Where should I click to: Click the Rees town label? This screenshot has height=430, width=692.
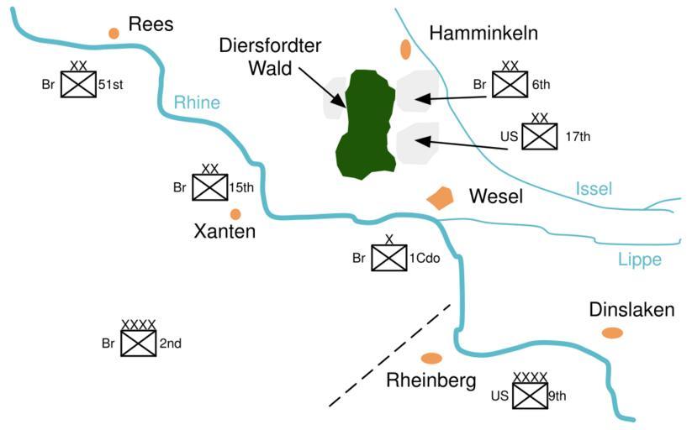pyautogui.click(x=151, y=24)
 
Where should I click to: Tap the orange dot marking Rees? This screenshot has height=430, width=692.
pyautogui.click(x=114, y=33)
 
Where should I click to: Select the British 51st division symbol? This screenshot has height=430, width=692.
pyautogui.click(x=78, y=84)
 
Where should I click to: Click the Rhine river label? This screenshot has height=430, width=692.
pyautogui.click(x=197, y=102)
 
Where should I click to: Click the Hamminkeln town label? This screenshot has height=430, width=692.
pyautogui.click(x=483, y=33)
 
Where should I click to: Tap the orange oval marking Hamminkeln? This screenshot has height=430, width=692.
pyautogui.click(x=406, y=49)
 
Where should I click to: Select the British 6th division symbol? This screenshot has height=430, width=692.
pyautogui.click(x=510, y=84)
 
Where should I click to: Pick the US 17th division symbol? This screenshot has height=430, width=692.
pyautogui.click(x=540, y=136)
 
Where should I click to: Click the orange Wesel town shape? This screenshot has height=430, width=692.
pyautogui.click(x=440, y=198)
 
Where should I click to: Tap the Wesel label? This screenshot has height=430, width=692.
pyautogui.click(x=496, y=197)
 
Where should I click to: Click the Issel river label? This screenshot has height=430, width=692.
pyautogui.click(x=594, y=189)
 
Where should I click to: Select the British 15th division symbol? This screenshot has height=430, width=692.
pyautogui.click(x=210, y=187)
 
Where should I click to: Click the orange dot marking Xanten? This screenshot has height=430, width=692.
pyautogui.click(x=235, y=214)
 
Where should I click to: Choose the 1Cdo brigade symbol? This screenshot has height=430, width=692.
pyautogui.click(x=389, y=259)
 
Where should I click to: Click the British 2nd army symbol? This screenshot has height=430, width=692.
pyautogui.click(x=139, y=343)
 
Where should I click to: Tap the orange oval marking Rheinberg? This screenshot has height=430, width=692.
pyautogui.click(x=431, y=359)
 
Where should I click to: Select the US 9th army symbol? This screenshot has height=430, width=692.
pyautogui.click(x=531, y=396)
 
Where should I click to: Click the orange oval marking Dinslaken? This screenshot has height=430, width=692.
pyautogui.click(x=612, y=333)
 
